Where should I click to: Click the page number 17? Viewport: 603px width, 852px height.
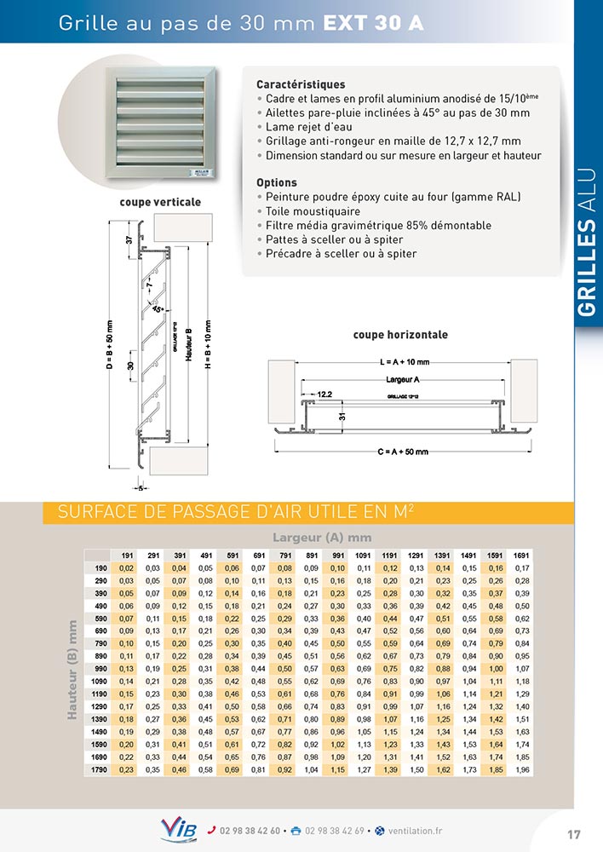pos(574,833)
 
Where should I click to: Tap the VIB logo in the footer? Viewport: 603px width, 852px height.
pos(178,829)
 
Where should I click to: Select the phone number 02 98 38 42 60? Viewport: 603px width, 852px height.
pos(250,831)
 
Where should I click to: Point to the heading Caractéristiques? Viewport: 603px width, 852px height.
pos(301,85)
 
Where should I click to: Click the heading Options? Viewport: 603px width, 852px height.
pos(276,183)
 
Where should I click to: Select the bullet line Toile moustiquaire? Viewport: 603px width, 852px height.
pos(312,211)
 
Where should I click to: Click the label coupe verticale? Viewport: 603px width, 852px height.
pos(160,203)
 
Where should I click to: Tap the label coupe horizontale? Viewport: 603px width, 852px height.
pos(400,335)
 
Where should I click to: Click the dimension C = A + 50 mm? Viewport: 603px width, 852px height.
pos(402,452)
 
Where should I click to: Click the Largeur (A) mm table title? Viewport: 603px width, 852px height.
pos(322,537)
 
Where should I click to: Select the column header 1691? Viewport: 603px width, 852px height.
pos(522,556)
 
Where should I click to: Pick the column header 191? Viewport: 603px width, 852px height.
pos(127,556)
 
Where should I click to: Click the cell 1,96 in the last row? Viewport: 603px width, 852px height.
pos(522,771)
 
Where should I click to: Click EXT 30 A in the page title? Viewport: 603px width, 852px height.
pos(373,24)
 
